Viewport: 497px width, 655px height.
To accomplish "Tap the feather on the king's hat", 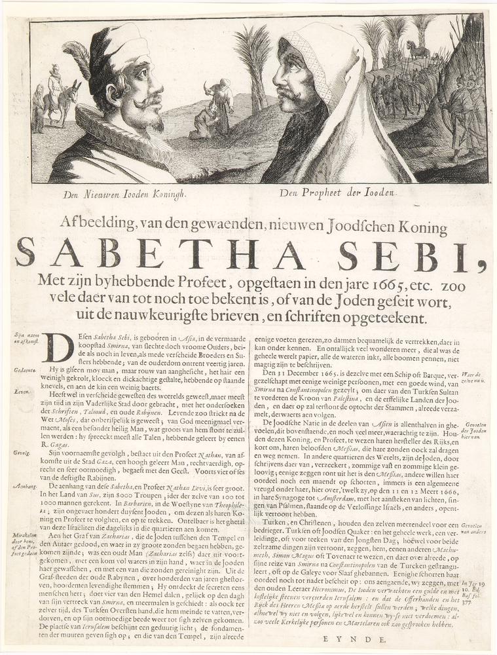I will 79,59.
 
